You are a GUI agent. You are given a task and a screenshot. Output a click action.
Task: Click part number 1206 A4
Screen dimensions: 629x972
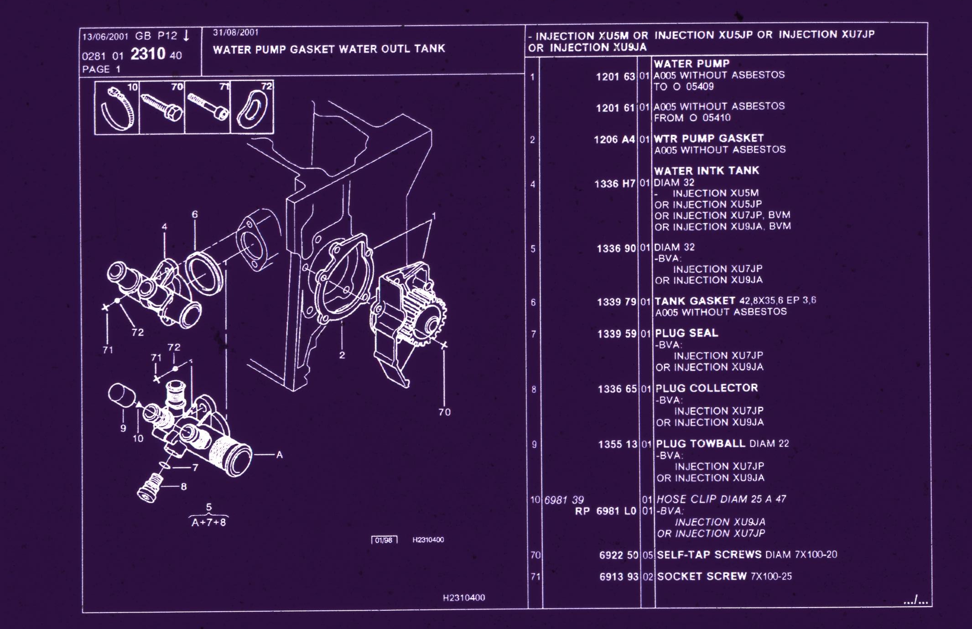(x=614, y=140)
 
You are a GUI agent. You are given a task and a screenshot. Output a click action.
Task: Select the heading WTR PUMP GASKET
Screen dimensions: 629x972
(x=708, y=138)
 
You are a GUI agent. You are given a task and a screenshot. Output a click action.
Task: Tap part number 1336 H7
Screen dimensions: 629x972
(x=614, y=184)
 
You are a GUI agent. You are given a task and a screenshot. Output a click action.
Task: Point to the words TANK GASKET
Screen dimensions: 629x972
(x=694, y=301)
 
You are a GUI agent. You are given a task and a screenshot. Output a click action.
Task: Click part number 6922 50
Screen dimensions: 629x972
(x=619, y=555)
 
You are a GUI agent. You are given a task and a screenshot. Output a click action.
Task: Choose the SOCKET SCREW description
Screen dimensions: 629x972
(x=702, y=577)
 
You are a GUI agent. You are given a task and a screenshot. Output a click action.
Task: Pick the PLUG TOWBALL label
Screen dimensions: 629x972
(x=700, y=444)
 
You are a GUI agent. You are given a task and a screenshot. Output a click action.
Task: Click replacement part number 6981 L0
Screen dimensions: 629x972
(x=616, y=511)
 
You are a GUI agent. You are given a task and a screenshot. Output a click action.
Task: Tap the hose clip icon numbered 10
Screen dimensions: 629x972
(x=117, y=108)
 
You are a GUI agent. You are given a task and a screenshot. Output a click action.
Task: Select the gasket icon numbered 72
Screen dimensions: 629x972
(x=252, y=108)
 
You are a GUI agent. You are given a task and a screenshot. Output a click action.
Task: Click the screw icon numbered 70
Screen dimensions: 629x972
(x=162, y=108)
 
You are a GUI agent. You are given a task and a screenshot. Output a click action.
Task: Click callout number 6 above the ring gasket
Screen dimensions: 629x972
(x=195, y=214)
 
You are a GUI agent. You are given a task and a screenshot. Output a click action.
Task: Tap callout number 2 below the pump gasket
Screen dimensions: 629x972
(x=342, y=355)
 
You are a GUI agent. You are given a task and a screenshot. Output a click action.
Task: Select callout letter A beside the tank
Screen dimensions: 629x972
(x=280, y=455)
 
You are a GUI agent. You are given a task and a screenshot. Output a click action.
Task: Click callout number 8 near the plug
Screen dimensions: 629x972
(x=183, y=487)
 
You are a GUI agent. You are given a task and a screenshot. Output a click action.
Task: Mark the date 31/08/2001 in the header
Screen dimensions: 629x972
(x=235, y=32)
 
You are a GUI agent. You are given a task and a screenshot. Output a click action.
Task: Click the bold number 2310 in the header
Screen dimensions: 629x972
(x=148, y=54)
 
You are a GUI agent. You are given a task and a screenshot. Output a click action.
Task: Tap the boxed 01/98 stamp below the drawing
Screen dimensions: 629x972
(x=384, y=540)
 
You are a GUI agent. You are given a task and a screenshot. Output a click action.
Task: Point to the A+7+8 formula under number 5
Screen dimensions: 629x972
(x=208, y=523)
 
